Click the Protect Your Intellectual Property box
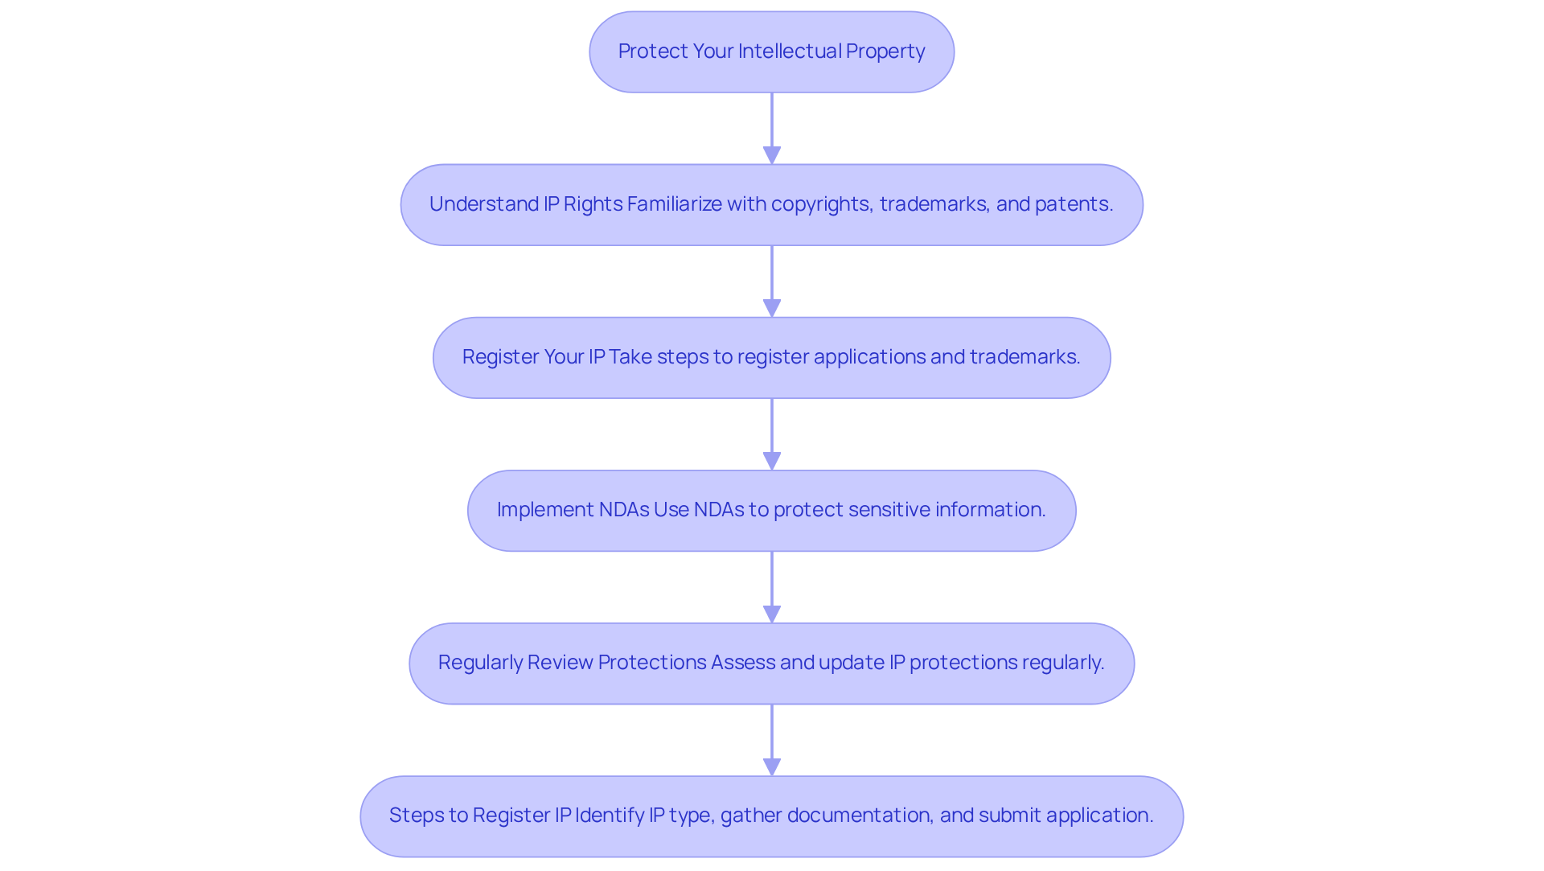click(771, 51)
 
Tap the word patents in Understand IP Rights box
click(1073, 204)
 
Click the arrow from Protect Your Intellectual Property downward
click(772, 127)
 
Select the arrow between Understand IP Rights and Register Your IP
click(772, 280)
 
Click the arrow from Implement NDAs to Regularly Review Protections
click(772, 585)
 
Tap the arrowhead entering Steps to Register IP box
click(772, 766)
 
